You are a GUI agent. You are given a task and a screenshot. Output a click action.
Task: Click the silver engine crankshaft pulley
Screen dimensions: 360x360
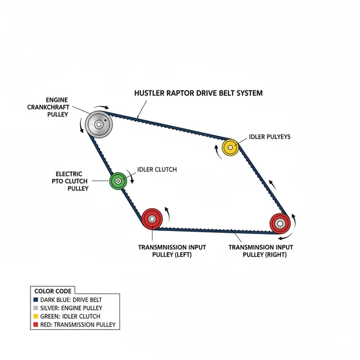click(99, 125)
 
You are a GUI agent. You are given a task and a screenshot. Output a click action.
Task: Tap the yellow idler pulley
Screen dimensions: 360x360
click(230, 147)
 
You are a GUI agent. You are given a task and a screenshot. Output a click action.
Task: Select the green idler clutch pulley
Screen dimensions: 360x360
click(118, 179)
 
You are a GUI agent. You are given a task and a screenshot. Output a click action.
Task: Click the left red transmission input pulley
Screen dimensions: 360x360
click(152, 219)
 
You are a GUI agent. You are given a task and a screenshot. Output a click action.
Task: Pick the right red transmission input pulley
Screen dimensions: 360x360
click(280, 223)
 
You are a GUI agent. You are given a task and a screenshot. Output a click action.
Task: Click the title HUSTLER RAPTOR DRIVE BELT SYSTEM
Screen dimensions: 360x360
click(197, 94)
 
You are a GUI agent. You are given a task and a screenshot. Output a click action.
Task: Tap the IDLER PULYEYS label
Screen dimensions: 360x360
click(269, 137)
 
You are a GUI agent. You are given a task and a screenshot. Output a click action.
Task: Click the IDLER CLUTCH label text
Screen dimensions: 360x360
click(157, 170)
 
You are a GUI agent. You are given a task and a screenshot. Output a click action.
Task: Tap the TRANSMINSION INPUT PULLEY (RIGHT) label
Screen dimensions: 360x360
click(261, 250)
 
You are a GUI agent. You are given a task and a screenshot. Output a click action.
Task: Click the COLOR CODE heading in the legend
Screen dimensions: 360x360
click(52, 290)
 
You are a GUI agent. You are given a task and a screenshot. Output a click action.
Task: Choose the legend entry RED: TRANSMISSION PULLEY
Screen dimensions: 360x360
click(77, 325)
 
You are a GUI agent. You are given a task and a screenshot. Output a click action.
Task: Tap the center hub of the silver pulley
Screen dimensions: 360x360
click(98, 125)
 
